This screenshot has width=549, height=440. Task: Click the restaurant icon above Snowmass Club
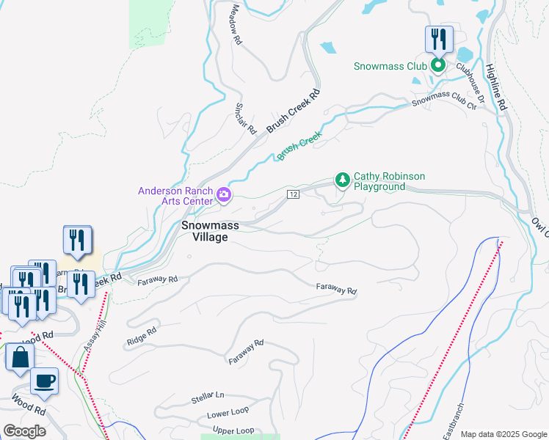click(x=439, y=38)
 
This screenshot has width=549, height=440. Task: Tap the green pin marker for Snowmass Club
click(x=438, y=66)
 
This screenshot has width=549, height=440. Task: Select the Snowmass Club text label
click(x=390, y=66)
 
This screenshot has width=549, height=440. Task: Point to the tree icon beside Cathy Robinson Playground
click(x=342, y=179)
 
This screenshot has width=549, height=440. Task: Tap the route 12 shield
click(x=293, y=194)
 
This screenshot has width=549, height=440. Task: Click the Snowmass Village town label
click(x=210, y=231)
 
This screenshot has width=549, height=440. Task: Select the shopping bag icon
click(x=20, y=358)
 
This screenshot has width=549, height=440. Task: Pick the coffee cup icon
click(x=45, y=381)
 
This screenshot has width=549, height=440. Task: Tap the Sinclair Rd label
click(x=245, y=118)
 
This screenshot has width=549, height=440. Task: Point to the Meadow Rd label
click(x=236, y=24)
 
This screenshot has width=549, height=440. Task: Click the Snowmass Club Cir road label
click(x=444, y=102)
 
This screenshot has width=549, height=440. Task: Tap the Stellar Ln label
click(x=208, y=398)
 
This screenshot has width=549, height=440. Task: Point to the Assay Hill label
click(x=91, y=338)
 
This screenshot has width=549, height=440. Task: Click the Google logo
click(x=24, y=431)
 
